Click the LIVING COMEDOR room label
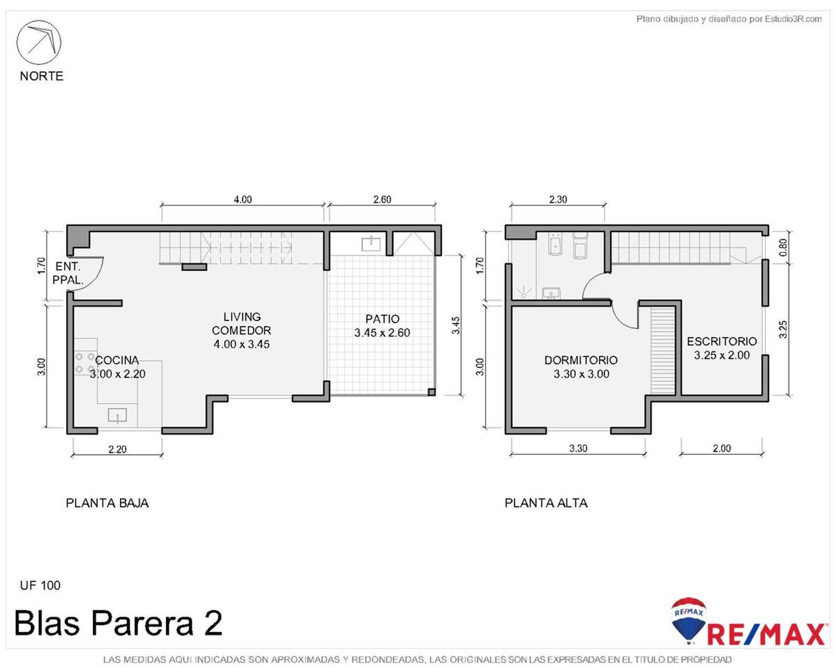[241, 330]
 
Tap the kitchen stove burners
[85, 363]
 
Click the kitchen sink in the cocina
[118, 415]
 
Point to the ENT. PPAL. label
[67, 273]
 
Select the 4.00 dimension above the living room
[242, 199]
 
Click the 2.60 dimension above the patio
[382, 199]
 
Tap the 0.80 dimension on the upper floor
[783, 247]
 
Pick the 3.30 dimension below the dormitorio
[578, 448]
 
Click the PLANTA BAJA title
[107, 503]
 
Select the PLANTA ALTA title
[546, 503]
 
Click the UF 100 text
[40, 585]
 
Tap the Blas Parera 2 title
[118, 623]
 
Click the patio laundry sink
[371, 243]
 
